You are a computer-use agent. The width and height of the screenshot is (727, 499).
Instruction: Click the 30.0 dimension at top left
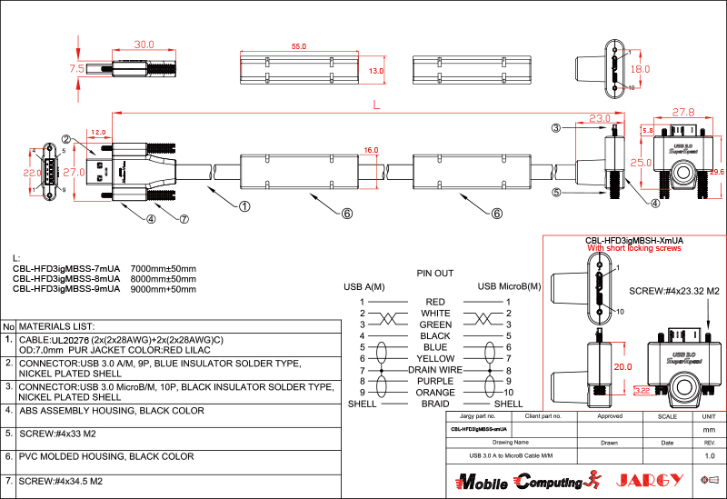coord(144,44)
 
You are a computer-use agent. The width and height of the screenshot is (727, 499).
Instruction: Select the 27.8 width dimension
coord(682,112)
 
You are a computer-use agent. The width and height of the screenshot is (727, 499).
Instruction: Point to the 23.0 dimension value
coord(599,117)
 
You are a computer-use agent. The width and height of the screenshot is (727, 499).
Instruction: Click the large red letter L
coord(376,106)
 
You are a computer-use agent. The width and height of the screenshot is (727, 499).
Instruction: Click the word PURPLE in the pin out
coord(435,382)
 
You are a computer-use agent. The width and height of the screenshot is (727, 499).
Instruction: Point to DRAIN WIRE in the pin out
coord(435,370)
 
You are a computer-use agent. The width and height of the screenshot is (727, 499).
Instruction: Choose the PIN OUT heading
coord(434,273)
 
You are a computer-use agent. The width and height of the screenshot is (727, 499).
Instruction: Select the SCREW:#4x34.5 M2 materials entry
coord(64,479)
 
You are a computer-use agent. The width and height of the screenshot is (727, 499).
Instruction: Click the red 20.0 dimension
coord(622,366)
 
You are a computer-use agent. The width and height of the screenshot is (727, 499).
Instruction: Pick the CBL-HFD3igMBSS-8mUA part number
coord(66,279)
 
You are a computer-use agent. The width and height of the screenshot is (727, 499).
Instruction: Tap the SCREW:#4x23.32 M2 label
coord(674,291)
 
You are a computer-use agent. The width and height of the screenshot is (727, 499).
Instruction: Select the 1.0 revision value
coord(710,455)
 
